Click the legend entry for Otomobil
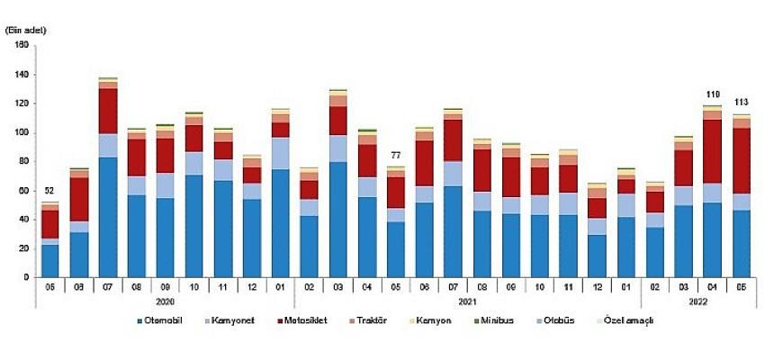163,321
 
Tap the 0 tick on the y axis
27,277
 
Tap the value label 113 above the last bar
742,102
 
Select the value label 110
713,94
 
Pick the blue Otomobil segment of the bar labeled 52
49,260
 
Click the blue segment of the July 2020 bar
108,216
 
